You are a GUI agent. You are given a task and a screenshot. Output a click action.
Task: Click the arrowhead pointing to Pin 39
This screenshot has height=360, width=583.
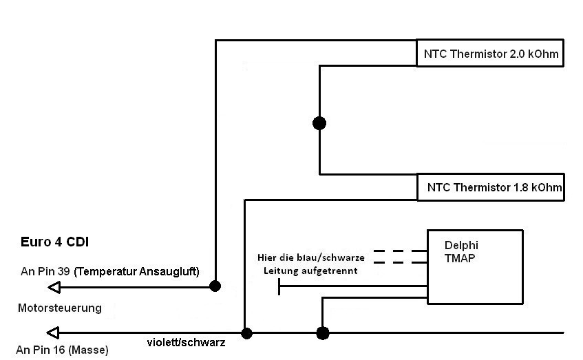coord(54,287)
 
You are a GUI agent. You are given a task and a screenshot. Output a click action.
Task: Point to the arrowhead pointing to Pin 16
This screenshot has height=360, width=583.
coord(53,333)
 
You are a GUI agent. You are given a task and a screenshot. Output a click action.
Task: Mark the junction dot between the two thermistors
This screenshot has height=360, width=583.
coord(319,123)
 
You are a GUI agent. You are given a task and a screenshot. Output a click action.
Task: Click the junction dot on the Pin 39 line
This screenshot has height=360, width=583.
coord(215,286)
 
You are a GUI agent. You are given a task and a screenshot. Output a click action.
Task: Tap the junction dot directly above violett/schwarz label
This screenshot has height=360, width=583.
coord(246,333)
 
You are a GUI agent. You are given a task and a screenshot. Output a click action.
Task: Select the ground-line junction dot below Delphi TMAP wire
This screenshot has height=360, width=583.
coord(322,333)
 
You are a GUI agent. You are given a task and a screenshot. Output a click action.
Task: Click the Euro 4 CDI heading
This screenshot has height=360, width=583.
coord(54,242)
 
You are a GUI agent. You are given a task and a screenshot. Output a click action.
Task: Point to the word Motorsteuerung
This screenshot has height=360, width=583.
coord(60,308)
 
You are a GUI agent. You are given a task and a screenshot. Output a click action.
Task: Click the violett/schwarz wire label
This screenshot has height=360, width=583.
coord(186,342)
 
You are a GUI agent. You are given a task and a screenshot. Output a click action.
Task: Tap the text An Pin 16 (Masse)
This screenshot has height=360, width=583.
coord(62,350)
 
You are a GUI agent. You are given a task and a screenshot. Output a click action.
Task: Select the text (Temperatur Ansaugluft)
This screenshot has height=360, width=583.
coord(136,271)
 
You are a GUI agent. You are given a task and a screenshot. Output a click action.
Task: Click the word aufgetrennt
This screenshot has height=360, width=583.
coord(330,271)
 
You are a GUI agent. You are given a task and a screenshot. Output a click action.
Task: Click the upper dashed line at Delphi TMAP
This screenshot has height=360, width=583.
coord(400,251)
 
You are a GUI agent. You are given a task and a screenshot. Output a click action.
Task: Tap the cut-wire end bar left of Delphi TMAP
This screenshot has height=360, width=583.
coord(279,286)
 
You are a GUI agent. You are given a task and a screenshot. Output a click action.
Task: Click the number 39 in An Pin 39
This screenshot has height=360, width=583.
coord(63,271)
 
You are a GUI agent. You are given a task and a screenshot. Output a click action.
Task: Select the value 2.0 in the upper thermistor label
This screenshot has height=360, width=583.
coord(517,54)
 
